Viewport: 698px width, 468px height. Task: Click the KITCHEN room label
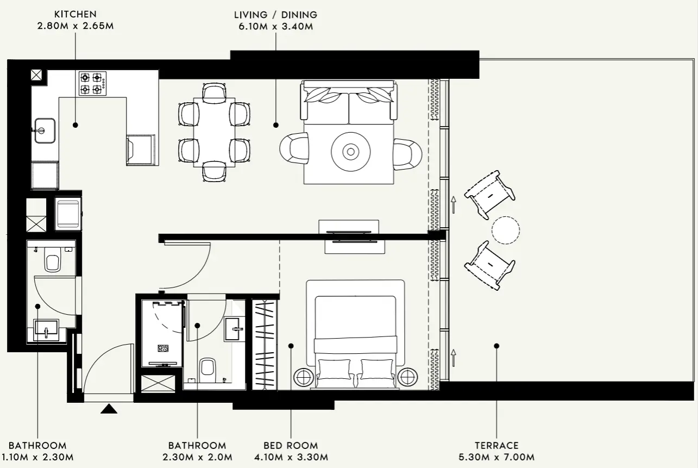click(76, 14)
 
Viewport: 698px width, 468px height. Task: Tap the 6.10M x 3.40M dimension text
click(275, 26)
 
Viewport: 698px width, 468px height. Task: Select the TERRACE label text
click(497, 445)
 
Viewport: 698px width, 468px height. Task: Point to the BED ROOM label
click(291, 445)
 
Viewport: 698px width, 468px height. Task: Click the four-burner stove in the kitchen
click(92, 83)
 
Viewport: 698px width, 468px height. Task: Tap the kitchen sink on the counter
click(44, 130)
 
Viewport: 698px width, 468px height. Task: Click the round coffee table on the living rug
click(351, 151)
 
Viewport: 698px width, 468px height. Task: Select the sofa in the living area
click(349, 102)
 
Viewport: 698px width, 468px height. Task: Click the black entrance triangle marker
click(109, 409)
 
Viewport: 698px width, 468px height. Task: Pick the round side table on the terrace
click(506, 229)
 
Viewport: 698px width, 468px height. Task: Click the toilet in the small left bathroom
click(53, 260)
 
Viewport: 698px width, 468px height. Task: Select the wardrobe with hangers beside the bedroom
click(265, 344)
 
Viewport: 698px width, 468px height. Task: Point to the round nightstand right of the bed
click(407, 376)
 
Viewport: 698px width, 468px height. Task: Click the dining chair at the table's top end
click(214, 92)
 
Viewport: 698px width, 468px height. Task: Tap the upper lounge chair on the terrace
click(489, 194)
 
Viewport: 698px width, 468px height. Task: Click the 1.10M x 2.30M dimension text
click(37, 457)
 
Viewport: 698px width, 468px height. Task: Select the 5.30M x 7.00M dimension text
click(497, 457)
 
